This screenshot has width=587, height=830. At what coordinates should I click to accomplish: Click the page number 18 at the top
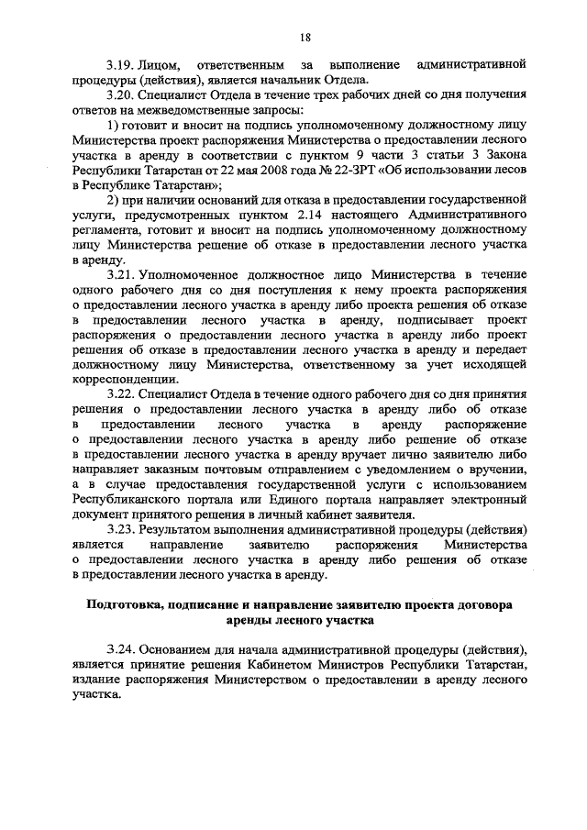(305, 37)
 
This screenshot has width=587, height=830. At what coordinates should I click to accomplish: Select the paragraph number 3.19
(122, 66)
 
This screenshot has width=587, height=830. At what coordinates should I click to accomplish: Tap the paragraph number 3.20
(122, 95)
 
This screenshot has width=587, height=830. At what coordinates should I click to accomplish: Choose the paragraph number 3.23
(122, 530)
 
